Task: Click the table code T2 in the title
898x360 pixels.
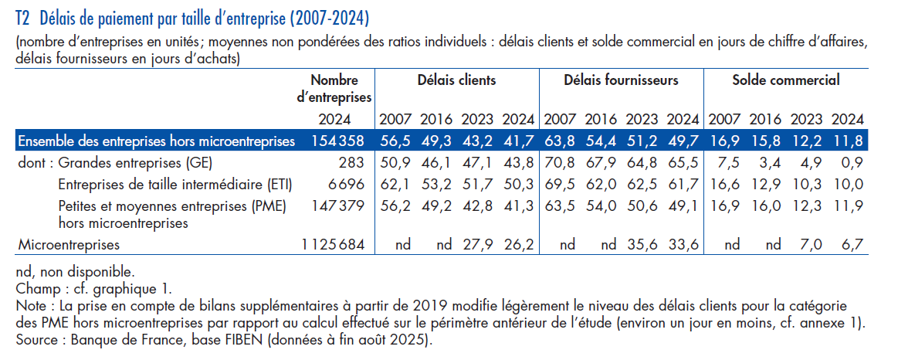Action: (23, 16)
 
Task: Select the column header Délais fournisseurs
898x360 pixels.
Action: (621, 80)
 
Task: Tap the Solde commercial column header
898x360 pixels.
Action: (785, 80)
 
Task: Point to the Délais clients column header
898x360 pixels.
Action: (456, 80)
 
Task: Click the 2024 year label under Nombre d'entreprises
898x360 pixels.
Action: (334, 120)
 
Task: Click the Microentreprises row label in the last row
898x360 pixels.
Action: (69, 245)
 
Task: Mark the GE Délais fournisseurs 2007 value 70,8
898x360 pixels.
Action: (560, 163)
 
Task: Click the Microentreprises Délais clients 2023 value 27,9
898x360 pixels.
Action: (477, 245)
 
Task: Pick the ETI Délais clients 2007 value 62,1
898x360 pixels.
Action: (395, 184)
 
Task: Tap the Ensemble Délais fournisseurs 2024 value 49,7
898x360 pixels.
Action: (683, 141)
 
